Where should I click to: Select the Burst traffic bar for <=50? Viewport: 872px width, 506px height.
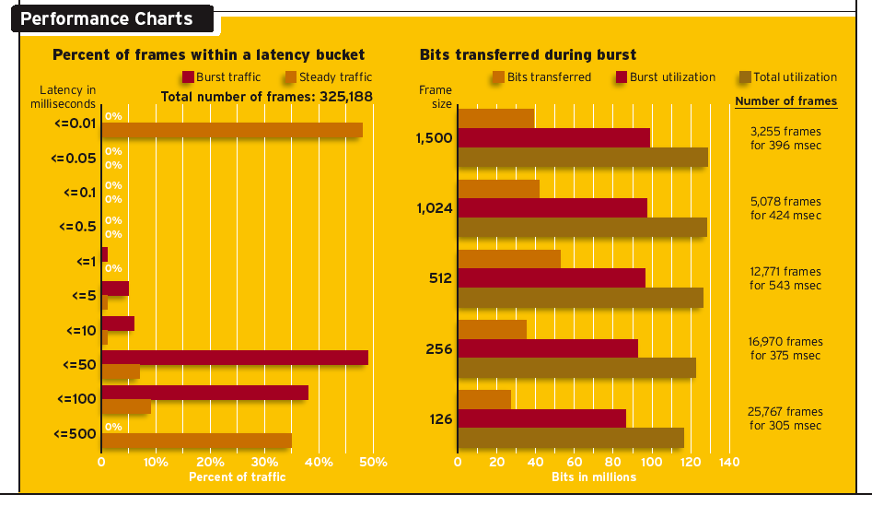(235, 358)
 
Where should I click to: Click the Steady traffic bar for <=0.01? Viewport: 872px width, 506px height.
(232, 130)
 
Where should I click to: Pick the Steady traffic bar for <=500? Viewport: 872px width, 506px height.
(197, 441)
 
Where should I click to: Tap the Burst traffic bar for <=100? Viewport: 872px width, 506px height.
(204, 393)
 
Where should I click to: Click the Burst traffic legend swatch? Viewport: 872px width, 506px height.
(188, 77)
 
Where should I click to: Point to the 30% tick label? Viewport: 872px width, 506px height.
(264, 462)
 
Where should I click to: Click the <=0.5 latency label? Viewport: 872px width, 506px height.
(78, 227)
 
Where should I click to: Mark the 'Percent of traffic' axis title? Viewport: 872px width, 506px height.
(237, 477)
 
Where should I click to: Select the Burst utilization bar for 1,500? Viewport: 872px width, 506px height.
(553, 137)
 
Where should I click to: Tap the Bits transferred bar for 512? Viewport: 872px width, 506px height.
(509, 259)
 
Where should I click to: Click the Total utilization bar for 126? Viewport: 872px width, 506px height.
(571, 436)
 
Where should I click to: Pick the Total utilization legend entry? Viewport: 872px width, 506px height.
(788, 77)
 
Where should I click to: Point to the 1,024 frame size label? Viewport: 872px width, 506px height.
(434, 208)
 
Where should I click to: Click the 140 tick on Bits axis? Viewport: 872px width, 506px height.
(728, 462)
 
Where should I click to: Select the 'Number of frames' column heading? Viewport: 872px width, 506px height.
(785, 101)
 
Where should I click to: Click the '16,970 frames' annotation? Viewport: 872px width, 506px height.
(785, 342)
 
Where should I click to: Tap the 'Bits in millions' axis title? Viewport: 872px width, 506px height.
(594, 477)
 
